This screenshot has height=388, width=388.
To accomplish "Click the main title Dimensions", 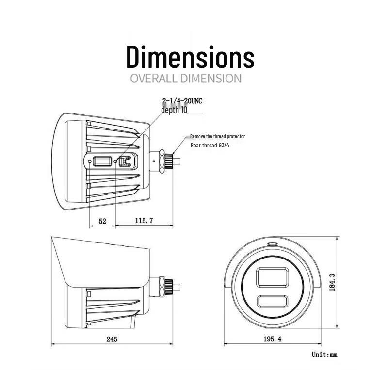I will pos(190,57).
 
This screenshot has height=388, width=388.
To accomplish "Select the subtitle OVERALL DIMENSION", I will pos(186,79).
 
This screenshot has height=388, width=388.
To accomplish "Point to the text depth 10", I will pos(174,110).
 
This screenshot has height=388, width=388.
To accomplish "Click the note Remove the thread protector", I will pos(217,136).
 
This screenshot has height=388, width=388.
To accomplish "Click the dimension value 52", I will pos(102,221).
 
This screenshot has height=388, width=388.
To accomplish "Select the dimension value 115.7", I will pos(144,221).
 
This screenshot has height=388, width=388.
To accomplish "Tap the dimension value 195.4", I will pos(272,339).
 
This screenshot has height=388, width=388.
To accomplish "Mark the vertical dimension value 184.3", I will pos(332,282).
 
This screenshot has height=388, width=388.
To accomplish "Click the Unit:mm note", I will pos(324,355).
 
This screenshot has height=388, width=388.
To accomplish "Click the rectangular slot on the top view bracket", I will pos(102,161).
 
